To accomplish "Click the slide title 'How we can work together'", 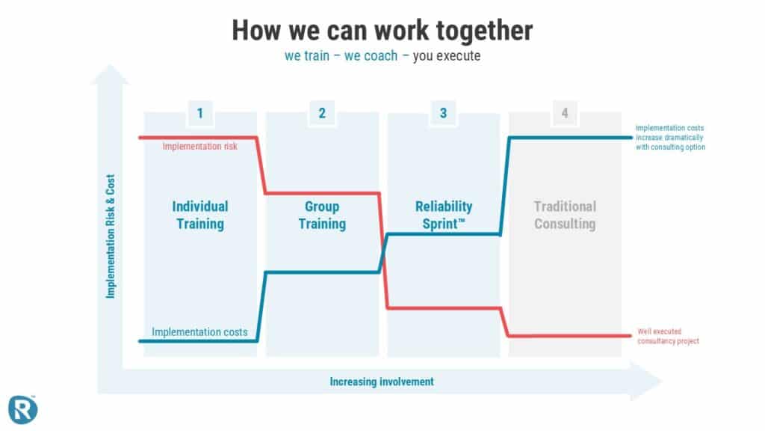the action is tap(382, 31).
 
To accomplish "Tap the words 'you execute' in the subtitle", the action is tap(447, 56).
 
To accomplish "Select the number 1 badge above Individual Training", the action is tap(200, 114).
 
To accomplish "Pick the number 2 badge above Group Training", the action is tap(322, 114).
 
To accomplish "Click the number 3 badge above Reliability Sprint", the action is tap(444, 114).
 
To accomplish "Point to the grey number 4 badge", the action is tap(565, 114).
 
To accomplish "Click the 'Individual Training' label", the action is tap(200, 215).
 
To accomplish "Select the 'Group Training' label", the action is tap(322, 215).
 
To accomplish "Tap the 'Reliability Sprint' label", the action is tap(444, 215).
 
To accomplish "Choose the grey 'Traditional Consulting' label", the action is tap(565, 215).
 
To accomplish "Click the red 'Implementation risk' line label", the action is tap(200, 147).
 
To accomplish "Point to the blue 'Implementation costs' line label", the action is tap(199, 332).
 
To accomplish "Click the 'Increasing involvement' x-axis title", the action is tap(382, 382).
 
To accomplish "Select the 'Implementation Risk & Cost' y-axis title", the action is tap(111, 236).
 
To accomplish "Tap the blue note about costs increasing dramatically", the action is tap(670, 138).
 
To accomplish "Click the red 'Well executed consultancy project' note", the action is tap(669, 336).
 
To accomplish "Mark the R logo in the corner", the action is tap(22, 409).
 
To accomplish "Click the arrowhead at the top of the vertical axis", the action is tap(111, 74).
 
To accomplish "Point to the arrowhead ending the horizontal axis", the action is tap(646, 381).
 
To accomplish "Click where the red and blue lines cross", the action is tap(383, 253).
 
